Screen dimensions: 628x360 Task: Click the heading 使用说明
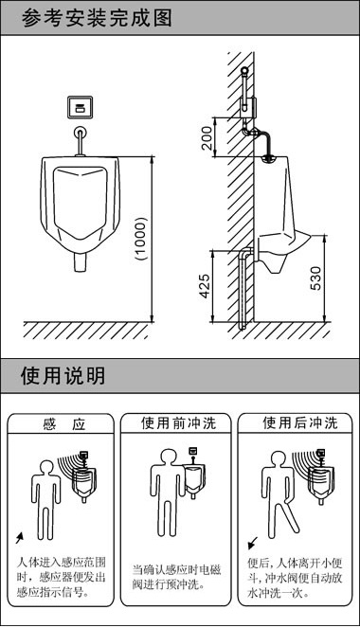tap(63, 375)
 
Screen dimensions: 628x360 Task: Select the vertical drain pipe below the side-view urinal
tap(246, 289)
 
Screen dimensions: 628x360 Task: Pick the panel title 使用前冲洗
tap(179, 423)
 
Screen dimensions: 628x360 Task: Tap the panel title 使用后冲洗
tap(297, 423)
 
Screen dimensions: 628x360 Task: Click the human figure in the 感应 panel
tap(44, 493)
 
